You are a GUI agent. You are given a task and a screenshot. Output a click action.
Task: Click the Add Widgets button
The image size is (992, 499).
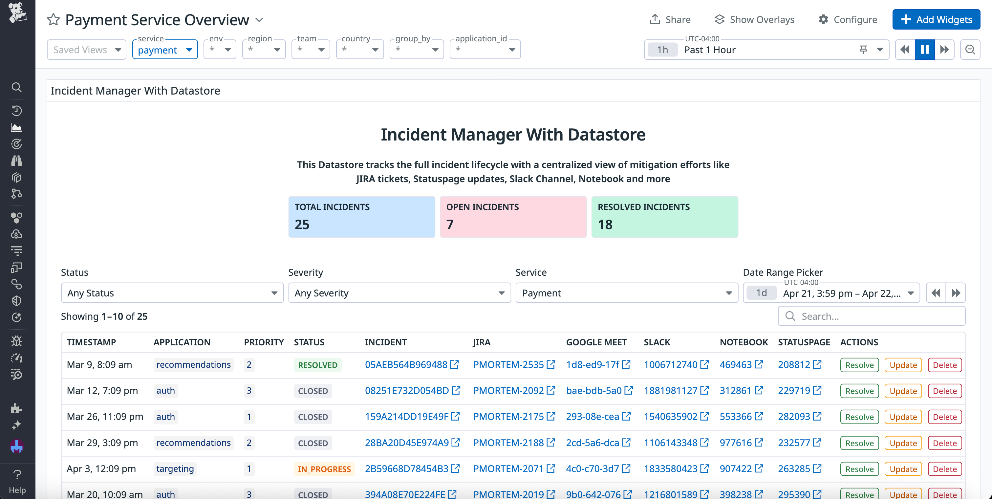coord(936,20)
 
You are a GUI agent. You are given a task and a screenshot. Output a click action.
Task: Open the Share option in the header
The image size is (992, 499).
coord(670,20)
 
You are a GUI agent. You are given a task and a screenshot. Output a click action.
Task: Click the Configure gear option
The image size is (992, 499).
coord(848,20)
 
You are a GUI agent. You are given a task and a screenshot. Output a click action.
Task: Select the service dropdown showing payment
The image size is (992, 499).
coord(165,50)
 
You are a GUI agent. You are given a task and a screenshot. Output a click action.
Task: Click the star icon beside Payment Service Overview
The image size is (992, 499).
coord(54,20)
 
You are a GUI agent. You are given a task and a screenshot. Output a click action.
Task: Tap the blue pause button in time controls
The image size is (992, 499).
coord(925,50)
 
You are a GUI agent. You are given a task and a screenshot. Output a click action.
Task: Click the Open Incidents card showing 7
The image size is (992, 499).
coord(513,217)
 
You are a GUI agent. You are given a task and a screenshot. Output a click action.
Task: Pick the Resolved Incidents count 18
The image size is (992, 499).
coord(605,225)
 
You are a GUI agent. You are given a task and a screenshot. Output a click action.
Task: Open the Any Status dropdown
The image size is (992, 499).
coord(172,293)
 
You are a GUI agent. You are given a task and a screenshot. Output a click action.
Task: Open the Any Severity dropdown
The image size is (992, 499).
coord(399,293)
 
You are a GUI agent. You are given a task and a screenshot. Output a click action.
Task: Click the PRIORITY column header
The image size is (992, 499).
coord(264,342)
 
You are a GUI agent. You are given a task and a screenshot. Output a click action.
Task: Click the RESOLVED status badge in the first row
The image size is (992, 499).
coord(318,365)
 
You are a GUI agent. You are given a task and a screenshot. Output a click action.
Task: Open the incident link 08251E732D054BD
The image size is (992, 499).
coord(407,391)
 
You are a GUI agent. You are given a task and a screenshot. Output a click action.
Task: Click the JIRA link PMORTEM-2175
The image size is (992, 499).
coord(508,417)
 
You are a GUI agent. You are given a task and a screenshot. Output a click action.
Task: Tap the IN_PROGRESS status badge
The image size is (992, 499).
coord(324,469)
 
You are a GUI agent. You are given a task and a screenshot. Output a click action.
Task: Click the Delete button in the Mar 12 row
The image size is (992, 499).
coord(945,391)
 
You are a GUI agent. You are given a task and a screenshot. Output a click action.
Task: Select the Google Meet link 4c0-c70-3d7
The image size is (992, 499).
coord(592,468)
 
